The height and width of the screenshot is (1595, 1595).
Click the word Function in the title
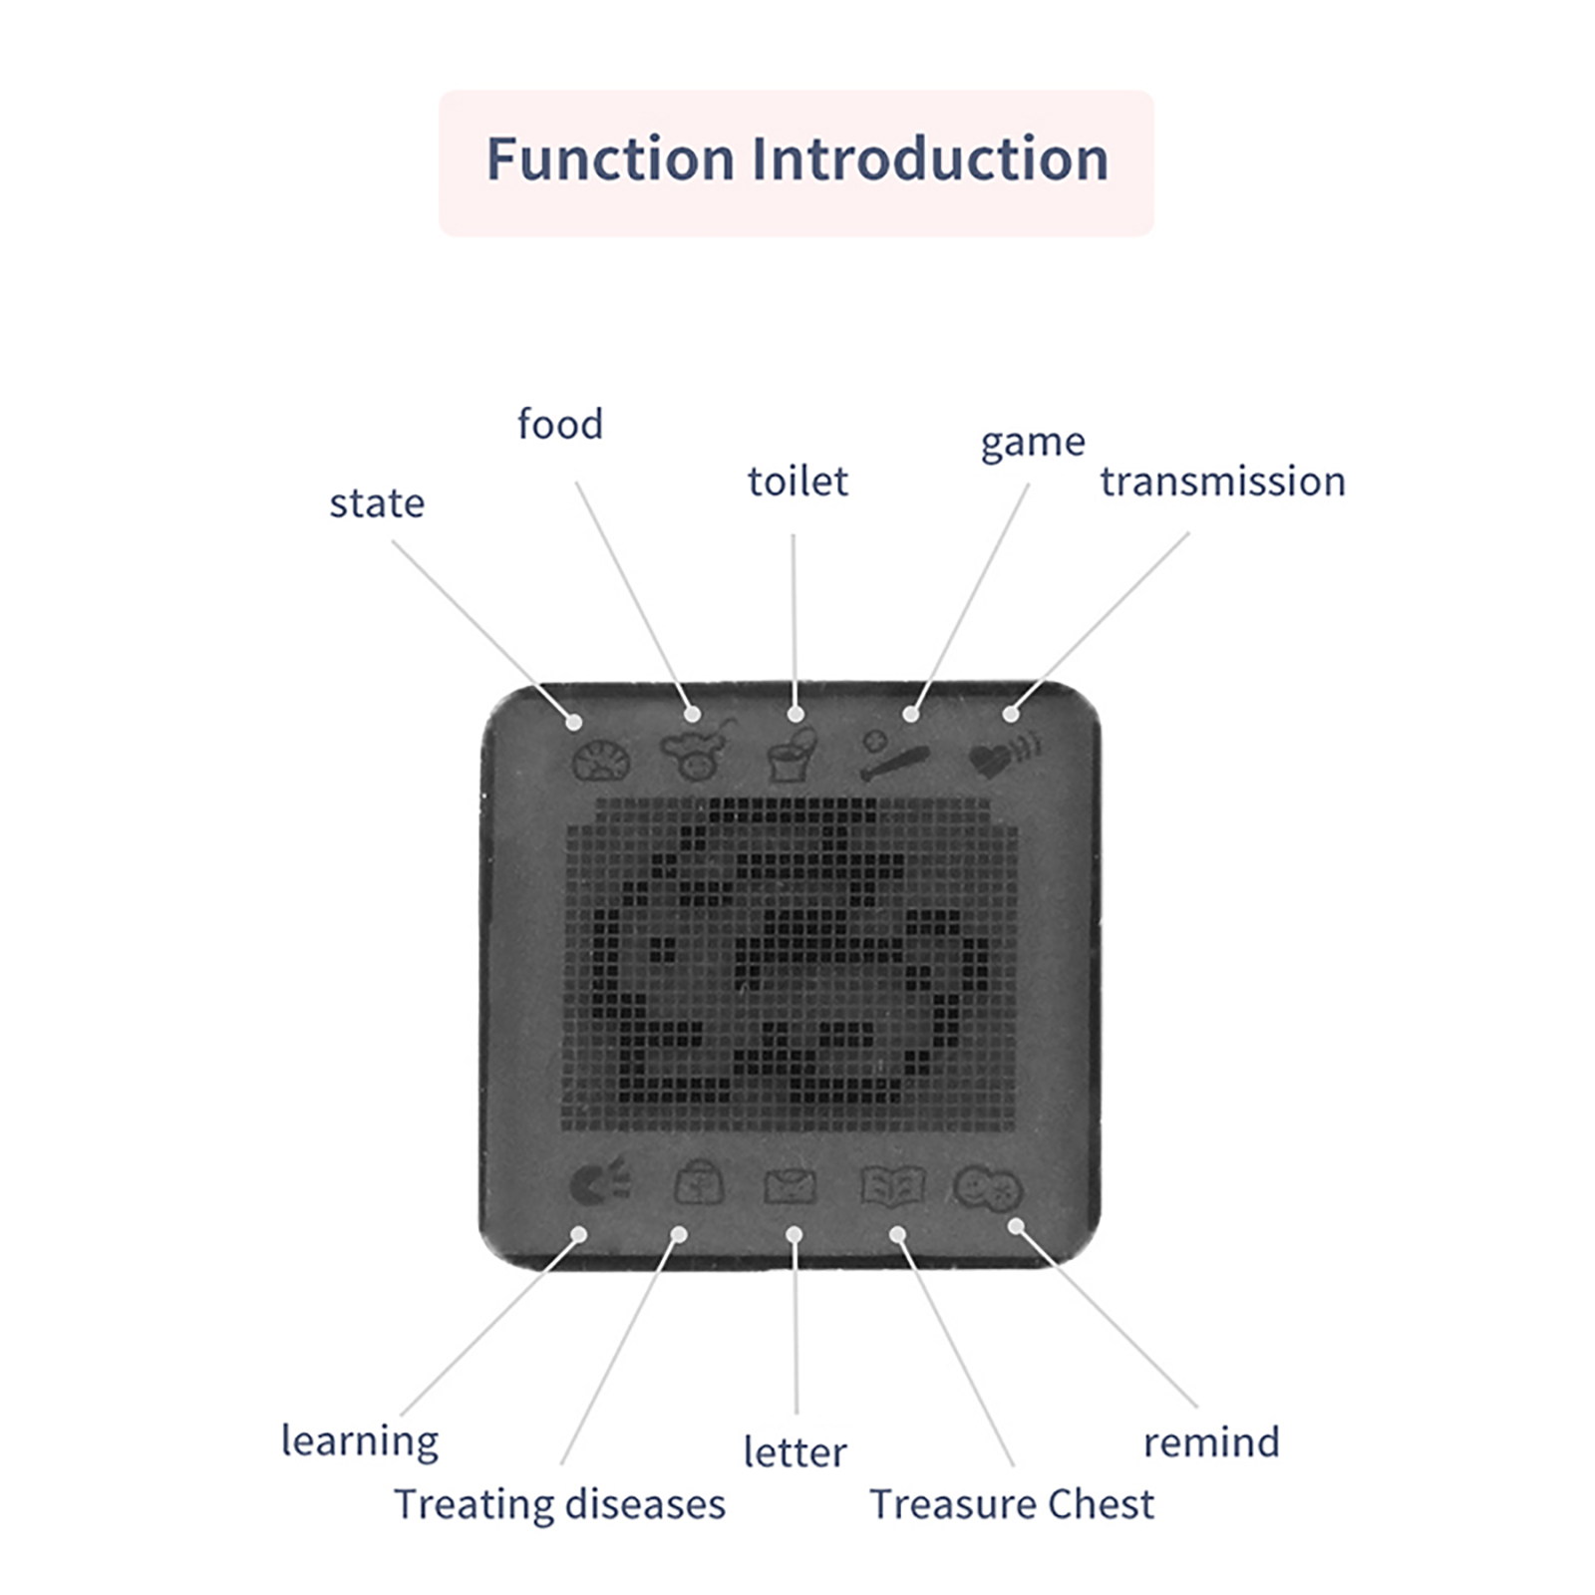(610, 159)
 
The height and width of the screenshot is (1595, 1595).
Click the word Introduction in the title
(930, 159)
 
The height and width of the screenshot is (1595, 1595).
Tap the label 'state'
(377, 503)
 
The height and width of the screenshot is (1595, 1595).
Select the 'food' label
(560, 424)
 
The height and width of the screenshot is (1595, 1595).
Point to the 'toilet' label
(797, 480)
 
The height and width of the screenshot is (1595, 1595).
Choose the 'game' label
(1033, 443)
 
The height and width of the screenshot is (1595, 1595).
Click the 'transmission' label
(1223, 481)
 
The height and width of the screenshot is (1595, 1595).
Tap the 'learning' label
(360, 1441)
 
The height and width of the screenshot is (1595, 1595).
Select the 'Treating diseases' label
(559, 1504)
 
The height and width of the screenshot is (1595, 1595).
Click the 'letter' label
(795, 1452)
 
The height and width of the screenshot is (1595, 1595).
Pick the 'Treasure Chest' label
(1012, 1504)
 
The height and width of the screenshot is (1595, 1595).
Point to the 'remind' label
(1211, 1442)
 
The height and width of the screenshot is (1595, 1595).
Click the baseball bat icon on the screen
(893, 757)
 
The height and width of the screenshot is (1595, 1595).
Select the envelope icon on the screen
(791, 1186)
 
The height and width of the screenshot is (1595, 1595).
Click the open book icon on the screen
(892, 1185)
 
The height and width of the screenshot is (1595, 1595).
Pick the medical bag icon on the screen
(699, 1183)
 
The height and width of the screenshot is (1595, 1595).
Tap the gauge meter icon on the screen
(601, 760)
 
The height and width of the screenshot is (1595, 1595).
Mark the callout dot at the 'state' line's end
(574, 722)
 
